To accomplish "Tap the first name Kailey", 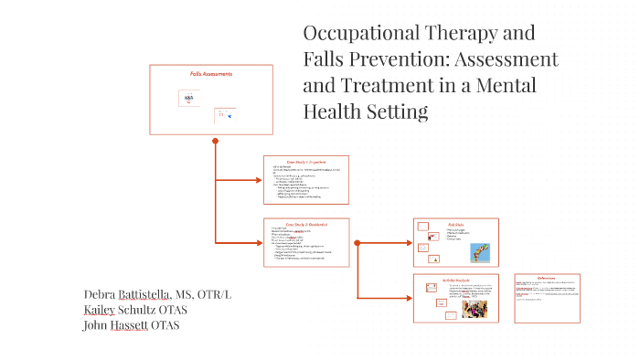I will [x=102, y=310].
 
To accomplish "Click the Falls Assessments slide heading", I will [x=211, y=74].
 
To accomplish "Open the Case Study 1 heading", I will [x=306, y=161].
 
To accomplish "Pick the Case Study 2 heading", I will [x=306, y=224].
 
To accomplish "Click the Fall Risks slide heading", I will [x=456, y=223].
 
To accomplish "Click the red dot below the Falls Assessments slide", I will [x=215, y=141].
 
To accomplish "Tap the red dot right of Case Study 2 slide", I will [x=357, y=242].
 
